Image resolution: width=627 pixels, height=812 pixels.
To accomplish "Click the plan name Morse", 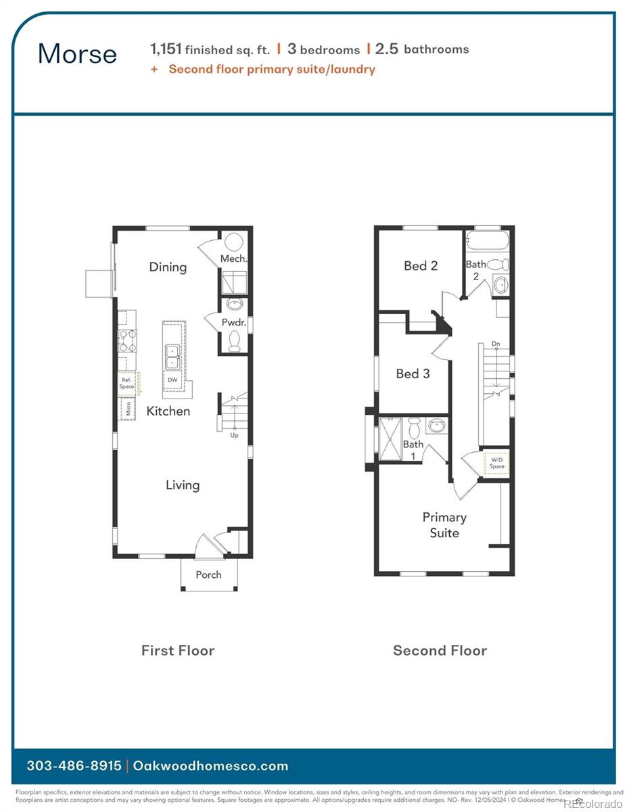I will click(77, 54).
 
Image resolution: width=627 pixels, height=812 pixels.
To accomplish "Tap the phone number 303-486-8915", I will click(74, 766).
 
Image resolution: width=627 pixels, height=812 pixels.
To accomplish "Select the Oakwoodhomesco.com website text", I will click(210, 766).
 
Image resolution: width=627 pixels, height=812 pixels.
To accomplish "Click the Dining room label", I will click(168, 267).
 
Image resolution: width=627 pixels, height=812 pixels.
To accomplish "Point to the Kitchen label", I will click(168, 411).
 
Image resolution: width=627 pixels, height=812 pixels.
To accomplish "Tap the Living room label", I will click(183, 484).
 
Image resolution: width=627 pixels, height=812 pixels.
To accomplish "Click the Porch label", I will click(208, 574).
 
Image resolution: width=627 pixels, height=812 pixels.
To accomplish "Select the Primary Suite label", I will click(444, 525).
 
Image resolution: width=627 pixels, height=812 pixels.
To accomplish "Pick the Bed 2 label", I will click(421, 266).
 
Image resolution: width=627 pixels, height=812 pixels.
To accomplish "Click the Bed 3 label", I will click(413, 374).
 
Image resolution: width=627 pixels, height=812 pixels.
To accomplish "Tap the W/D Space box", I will click(497, 464).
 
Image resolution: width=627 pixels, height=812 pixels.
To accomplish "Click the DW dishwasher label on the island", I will click(172, 380).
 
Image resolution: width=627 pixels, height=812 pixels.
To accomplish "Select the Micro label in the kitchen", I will click(126, 409).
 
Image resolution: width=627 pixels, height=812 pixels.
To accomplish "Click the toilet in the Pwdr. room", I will click(234, 340).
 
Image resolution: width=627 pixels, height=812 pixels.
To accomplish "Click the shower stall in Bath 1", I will click(391, 438).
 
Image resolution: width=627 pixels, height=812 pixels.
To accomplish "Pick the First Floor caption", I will click(178, 650).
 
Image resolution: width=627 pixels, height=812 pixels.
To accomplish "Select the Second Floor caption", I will click(440, 650).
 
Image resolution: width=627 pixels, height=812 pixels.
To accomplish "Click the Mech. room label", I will click(233, 258).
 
